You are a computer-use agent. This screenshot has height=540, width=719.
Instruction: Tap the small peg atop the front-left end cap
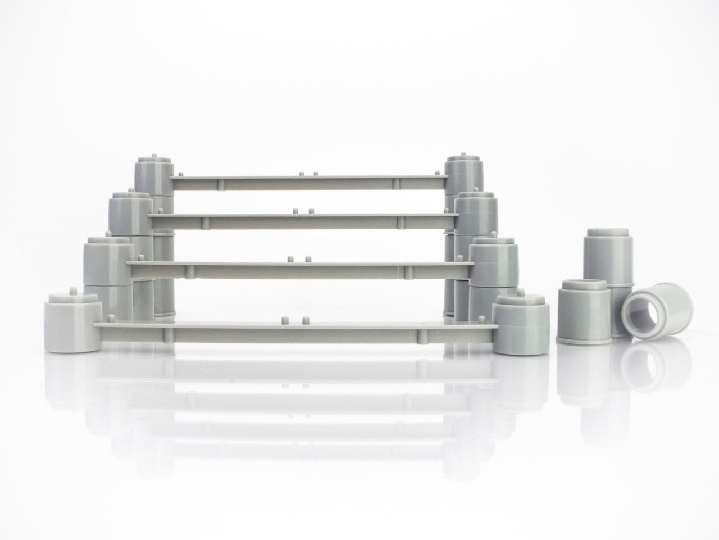coord(73,291)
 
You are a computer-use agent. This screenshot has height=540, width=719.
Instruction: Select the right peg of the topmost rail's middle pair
coord(316,174)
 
